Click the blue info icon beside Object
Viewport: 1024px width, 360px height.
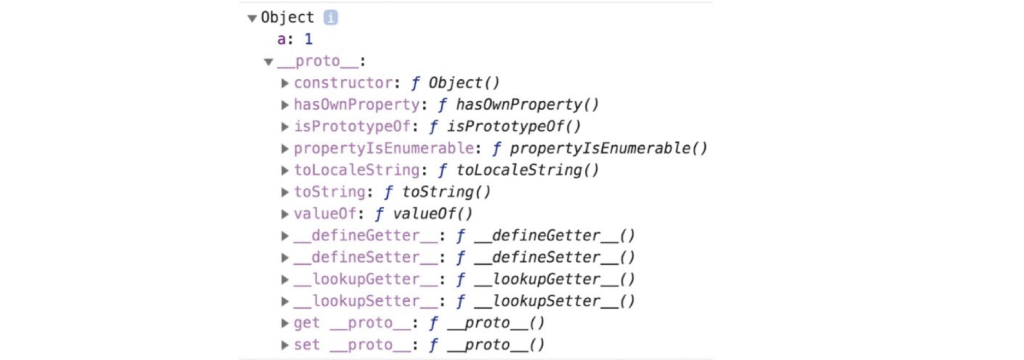[330, 18]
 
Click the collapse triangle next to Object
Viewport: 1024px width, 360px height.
[252, 19]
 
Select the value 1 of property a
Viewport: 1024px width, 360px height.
[309, 39]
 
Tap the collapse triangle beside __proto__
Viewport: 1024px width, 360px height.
[269, 62]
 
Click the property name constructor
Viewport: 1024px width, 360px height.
[343, 83]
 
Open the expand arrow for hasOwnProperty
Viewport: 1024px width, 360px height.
[285, 105]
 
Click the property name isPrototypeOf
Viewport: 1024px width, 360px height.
[352, 127]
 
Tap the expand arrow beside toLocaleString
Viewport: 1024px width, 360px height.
[285, 171]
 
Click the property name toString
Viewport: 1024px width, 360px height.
[329, 192]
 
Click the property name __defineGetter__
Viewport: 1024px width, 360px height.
[365, 236]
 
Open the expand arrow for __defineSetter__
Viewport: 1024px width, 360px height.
[285, 258]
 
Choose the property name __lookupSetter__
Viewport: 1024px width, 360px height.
[365, 301]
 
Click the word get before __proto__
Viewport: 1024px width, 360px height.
[306, 323]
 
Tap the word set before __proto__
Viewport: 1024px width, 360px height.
[306, 345]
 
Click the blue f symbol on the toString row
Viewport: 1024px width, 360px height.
[388, 192]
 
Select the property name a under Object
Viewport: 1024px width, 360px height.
[282, 39]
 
